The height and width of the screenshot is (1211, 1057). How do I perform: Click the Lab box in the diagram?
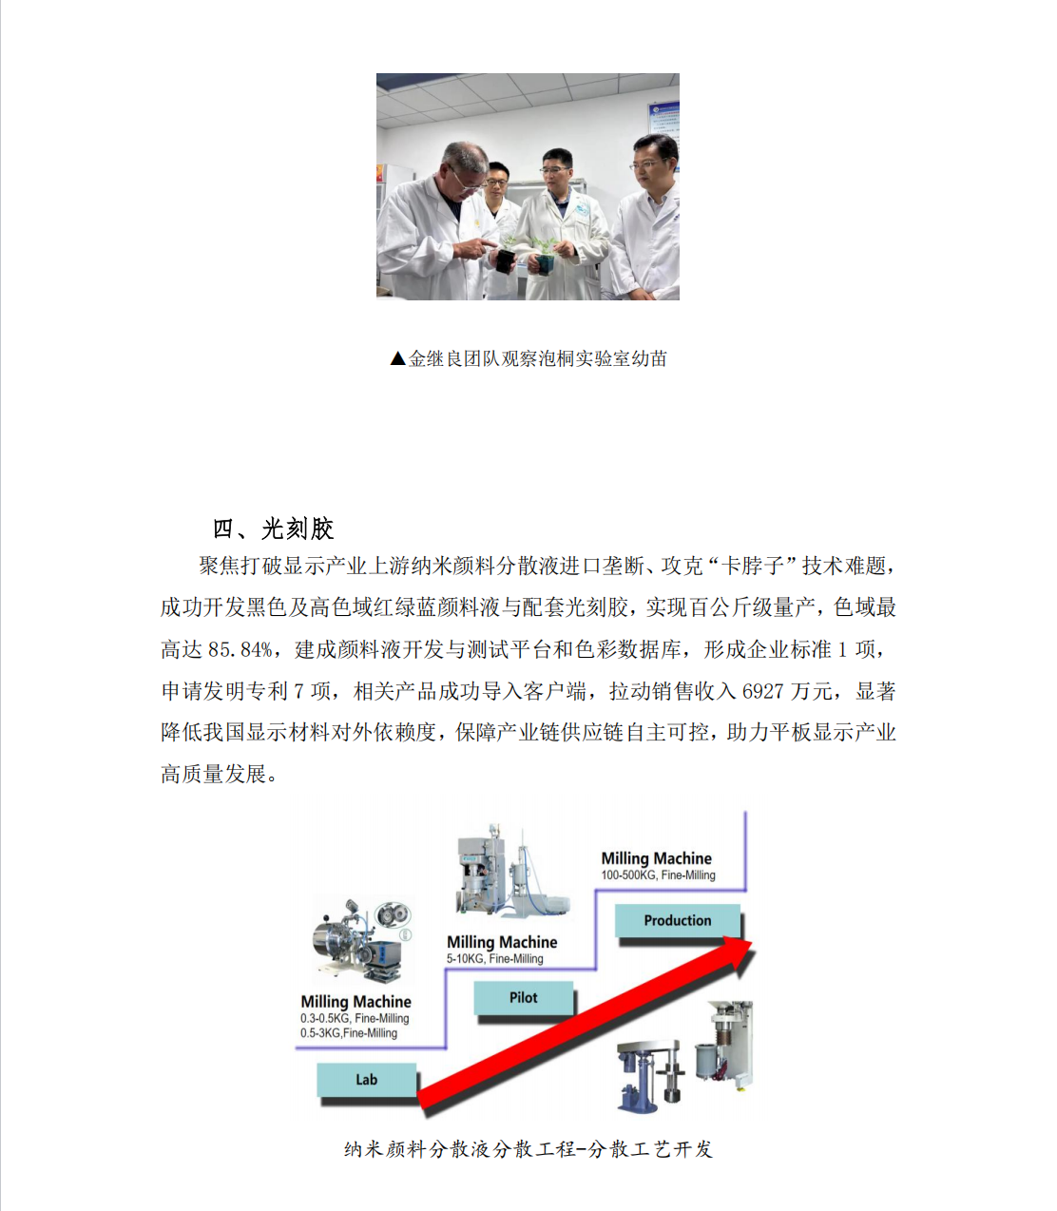point(366,1080)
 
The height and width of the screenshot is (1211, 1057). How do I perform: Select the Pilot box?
point(523,998)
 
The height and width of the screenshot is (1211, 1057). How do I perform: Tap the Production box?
point(678,920)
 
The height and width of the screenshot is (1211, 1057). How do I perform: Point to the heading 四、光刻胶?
point(274,529)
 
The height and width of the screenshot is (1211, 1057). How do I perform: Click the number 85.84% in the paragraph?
point(240,650)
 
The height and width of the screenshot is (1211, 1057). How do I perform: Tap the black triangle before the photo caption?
point(397,358)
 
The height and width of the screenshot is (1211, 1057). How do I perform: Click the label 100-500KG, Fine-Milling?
point(658,875)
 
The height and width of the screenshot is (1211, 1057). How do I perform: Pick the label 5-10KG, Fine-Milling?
point(495,958)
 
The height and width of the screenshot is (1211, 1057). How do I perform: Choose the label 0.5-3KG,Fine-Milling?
point(349,1033)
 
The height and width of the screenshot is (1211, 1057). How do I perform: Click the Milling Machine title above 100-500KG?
point(656,858)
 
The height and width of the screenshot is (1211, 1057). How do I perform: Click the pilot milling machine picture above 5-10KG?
point(512,870)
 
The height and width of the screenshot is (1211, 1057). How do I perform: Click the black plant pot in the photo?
point(505,260)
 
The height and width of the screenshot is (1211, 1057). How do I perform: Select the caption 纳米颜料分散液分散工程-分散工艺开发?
point(528,1149)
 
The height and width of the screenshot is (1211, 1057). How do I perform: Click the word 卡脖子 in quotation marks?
point(752,566)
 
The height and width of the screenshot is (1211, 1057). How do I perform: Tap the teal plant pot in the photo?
point(546,264)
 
